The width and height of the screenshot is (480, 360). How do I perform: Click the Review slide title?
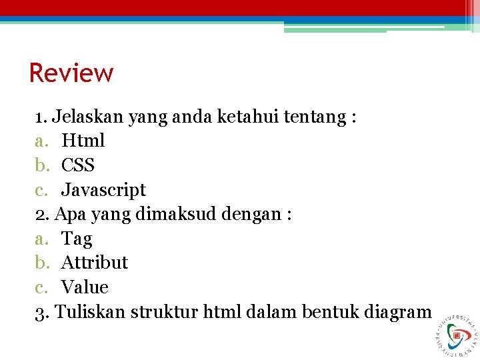pyautogui.click(x=71, y=73)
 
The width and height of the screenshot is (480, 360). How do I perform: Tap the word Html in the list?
pyautogui.click(x=83, y=141)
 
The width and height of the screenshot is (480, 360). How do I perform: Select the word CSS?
pyautogui.click(x=78, y=165)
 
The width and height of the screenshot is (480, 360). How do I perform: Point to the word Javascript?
pyautogui.click(x=103, y=190)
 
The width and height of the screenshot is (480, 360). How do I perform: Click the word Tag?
pyautogui.click(x=77, y=239)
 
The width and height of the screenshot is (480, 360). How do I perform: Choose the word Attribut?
pyautogui.click(x=95, y=263)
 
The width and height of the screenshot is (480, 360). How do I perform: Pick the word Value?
pyautogui.click(x=85, y=287)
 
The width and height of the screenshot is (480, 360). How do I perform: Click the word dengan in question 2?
pyautogui.click(x=253, y=215)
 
